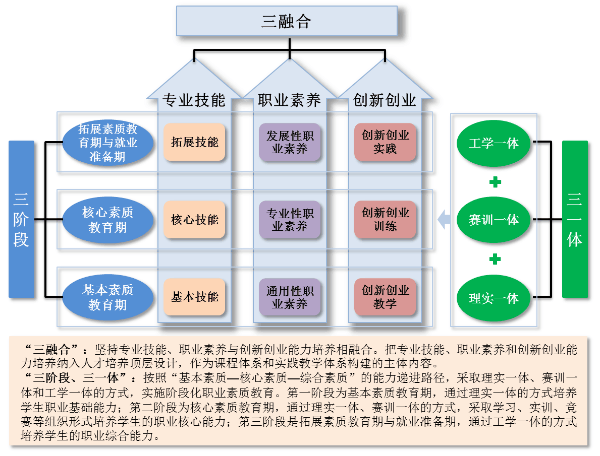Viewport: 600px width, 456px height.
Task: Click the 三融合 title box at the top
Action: (x=286, y=21)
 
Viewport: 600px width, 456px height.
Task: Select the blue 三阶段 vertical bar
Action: (x=21, y=219)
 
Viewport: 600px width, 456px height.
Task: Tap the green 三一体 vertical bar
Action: (x=575, y=219)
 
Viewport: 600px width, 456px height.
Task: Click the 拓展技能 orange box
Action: (x=194, y=142)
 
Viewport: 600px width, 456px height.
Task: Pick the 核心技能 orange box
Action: (x=194, y=220)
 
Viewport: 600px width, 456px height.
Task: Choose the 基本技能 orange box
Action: (x=194, y=297)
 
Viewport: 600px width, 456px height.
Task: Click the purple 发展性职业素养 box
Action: (x=290, y=142)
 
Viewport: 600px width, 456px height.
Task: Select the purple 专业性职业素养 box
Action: (x=290, y=220)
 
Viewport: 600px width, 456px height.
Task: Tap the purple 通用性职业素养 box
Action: (x=290, y=297)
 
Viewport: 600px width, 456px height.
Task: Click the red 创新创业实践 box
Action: (x=385, y=142)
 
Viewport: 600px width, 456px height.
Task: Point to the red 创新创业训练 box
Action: (x=385, y=220)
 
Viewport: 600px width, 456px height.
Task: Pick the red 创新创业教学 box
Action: (x=385, y=297)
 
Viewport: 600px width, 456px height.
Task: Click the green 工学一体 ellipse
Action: (x=494, y=143)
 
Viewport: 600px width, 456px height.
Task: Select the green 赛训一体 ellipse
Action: (x=494, y=220)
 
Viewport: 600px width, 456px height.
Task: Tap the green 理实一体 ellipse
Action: (x=494, y=298)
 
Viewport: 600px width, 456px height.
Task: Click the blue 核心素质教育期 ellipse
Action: (x=107, y=220)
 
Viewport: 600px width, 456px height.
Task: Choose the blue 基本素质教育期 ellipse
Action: (x=107, y=297)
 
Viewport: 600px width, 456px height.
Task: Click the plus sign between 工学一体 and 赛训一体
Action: (x=495, y=182)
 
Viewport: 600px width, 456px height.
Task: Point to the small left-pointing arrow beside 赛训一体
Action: (x=444, y=220)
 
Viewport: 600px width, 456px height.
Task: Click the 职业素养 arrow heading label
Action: (x=290, y=100)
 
